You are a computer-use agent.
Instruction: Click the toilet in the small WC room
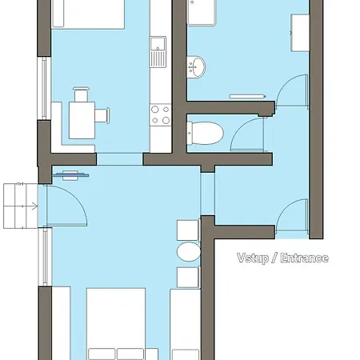pos(205,133)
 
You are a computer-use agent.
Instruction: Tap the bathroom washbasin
pos(196,66)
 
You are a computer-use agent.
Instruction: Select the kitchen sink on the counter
pos(158,52)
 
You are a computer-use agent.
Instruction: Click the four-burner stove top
pos(160,114)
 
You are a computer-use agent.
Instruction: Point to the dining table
pos(82,120)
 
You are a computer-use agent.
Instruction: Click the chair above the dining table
pos(81,94)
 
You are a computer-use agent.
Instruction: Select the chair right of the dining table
pos(102,115)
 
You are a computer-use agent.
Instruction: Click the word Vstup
pos(253,258)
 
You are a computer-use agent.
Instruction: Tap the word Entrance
pos(305,258)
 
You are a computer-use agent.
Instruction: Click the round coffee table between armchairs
pos(189,252)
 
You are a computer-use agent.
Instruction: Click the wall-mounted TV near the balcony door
pos(70,175)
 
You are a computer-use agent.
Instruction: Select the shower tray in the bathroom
pos(202,13)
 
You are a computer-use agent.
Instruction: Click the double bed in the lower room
pos(116,324)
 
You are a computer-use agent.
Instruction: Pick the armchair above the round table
pos(188,230)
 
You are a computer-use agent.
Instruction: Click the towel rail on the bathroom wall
pos(247,96)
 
